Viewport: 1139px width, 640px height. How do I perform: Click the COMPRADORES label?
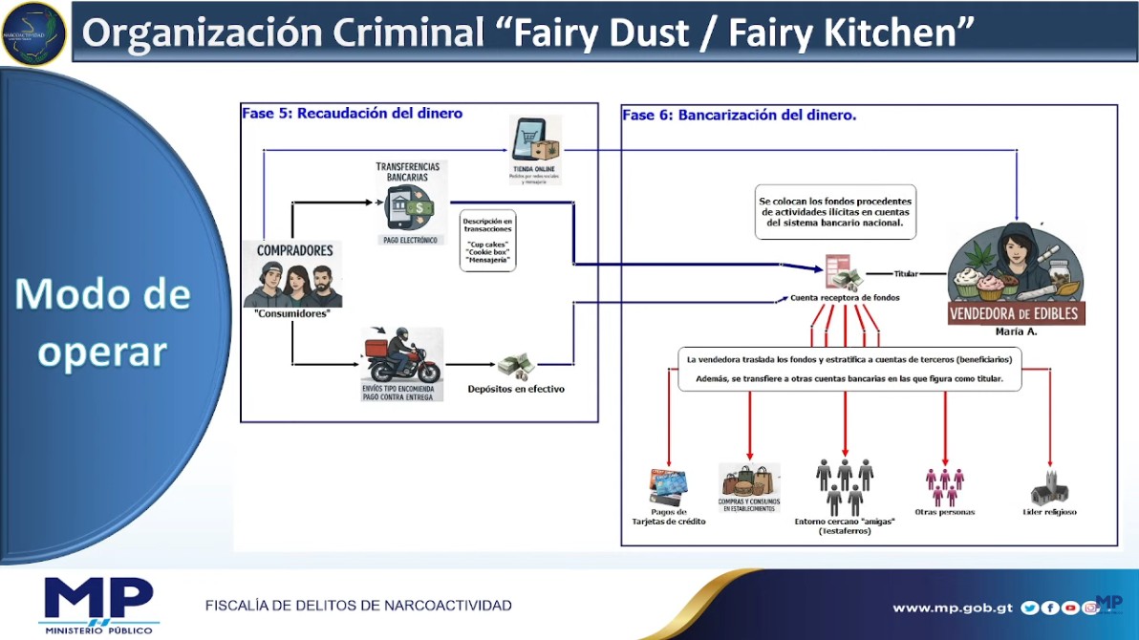(x=295, y=250)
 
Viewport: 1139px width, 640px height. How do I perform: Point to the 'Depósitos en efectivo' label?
(x=516, y=389)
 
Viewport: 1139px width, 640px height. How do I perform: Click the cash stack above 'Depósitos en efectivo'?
(x=517, y=366)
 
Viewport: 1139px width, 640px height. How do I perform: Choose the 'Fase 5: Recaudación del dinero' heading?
(x=352, y=113)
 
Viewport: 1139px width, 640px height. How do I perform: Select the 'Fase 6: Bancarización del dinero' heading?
(x=739, y=115)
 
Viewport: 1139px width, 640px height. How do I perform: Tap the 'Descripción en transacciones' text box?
(x=487, y=240)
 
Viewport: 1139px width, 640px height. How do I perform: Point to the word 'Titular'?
(x=906, y=274)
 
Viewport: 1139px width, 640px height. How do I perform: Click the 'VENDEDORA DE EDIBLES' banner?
(x=1016, y=313)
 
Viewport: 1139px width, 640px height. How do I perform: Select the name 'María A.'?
(x=1016, y=331)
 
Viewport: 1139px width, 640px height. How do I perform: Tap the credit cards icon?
(x=668, y=486)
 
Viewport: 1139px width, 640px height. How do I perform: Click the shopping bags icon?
(x=749, y=480)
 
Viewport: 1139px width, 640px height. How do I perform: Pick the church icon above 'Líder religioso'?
(x=1049, y=488)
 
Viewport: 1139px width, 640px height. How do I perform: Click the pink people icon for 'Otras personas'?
(x=944, y=486)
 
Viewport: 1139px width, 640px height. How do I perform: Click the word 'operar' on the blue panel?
(x=102, y=351)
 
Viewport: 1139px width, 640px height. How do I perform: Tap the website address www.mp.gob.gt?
(x=953, y=608)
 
